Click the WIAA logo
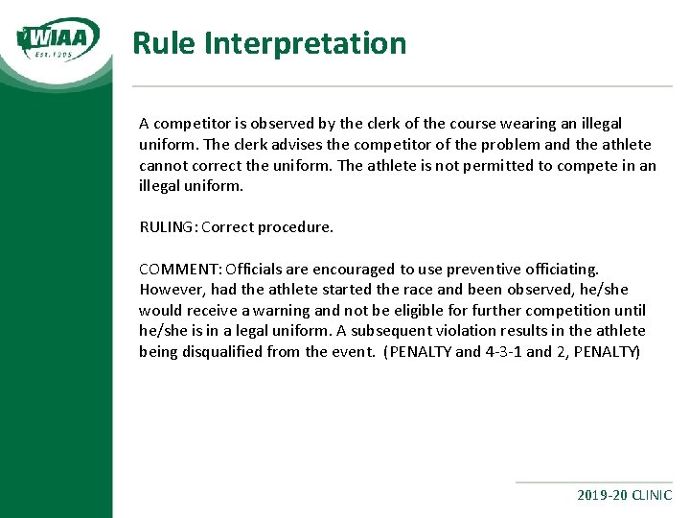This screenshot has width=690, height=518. click(58, 39)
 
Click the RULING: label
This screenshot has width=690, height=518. click(169, 228)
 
